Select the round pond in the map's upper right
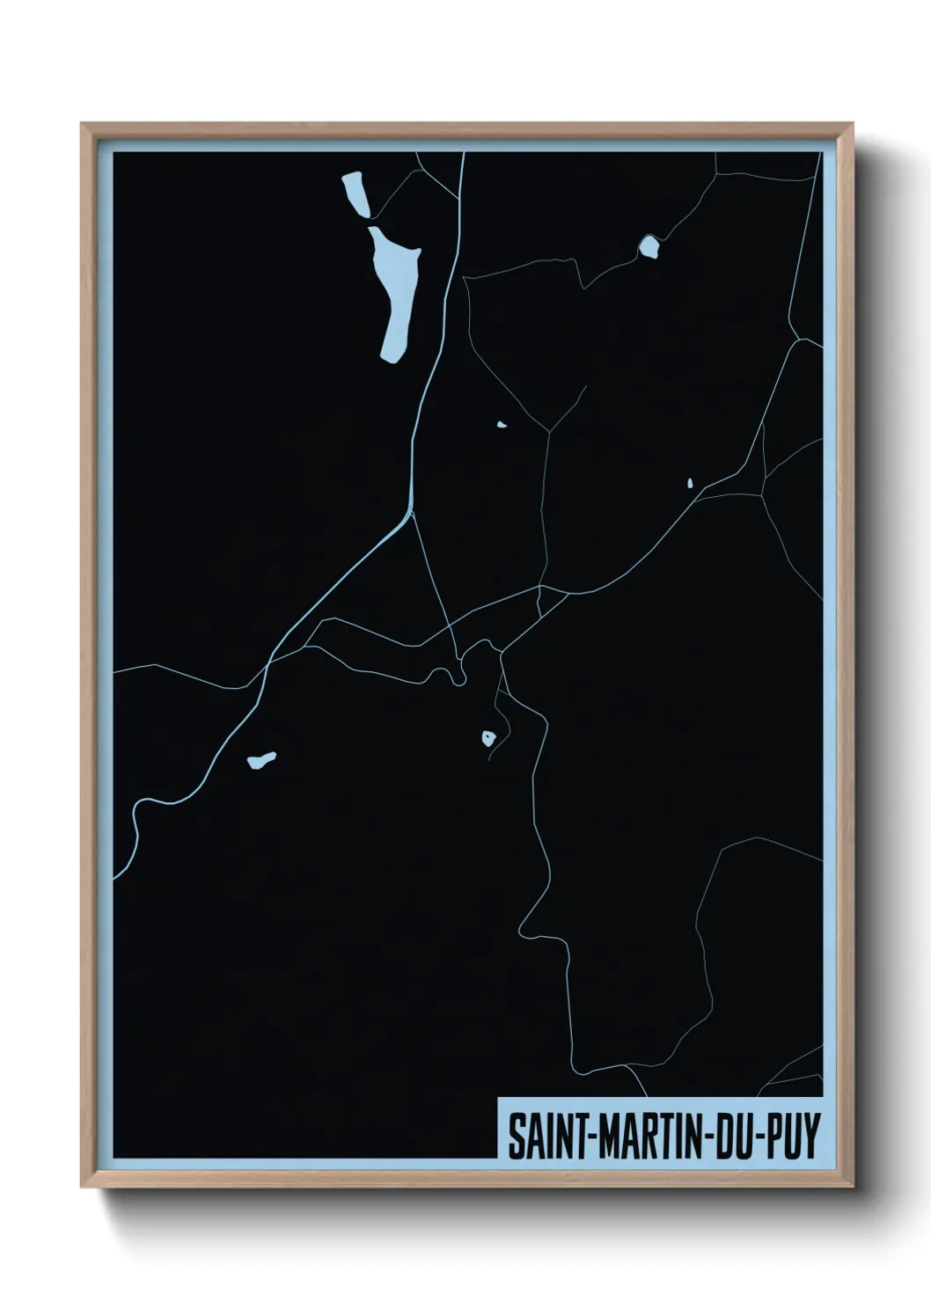[649, 247]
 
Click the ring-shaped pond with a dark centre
[487, 738]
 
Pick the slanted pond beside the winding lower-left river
[261, 759]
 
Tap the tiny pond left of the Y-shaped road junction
[501, 426]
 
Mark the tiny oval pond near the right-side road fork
[690, 483]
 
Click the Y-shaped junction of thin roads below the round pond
[550, 430]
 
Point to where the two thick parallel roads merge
[409, 511]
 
